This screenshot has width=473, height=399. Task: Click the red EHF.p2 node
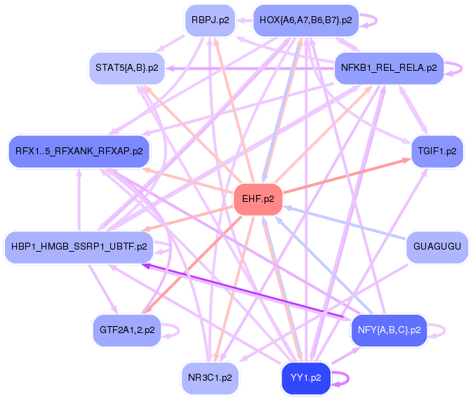click(258, 199)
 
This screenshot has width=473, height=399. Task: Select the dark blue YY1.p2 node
click(306, 378)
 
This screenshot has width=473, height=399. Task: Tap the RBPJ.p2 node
click(211, 20)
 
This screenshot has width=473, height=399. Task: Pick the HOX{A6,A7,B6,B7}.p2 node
click(306, 20)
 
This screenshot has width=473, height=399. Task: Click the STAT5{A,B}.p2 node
click(127, 68)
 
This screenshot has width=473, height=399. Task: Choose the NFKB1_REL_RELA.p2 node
click(389, 68)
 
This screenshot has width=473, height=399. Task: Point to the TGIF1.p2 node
click(437, 151)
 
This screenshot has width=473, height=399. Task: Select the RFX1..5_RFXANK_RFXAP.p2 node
click(79, 151)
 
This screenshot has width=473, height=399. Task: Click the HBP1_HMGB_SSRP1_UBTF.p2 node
click(79, 247)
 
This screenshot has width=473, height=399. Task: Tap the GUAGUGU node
click(437, 247)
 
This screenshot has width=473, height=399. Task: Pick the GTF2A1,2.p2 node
click(127, 330)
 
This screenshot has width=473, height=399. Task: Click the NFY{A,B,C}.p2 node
click(389, 330)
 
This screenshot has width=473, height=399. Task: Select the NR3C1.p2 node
click(211, 378)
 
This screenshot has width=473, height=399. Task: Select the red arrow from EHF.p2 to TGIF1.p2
click(347, 176)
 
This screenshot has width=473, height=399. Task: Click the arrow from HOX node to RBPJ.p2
click(244, 20)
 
